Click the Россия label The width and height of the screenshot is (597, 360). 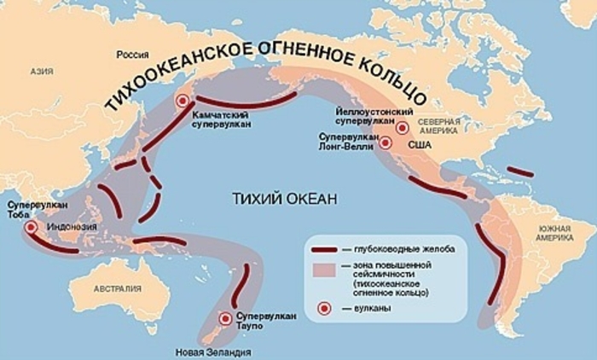(x=133, y=55)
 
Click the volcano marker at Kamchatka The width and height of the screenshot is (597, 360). (x=181, y=101)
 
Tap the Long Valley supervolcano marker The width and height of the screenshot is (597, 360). (x=385, y=142)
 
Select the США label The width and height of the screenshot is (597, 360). (x=421, y=147)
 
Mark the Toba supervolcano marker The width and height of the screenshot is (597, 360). (x=32, y=228)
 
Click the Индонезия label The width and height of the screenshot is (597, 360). (x=72, y=228)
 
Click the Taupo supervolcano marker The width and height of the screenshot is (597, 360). (x=224, y=319)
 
